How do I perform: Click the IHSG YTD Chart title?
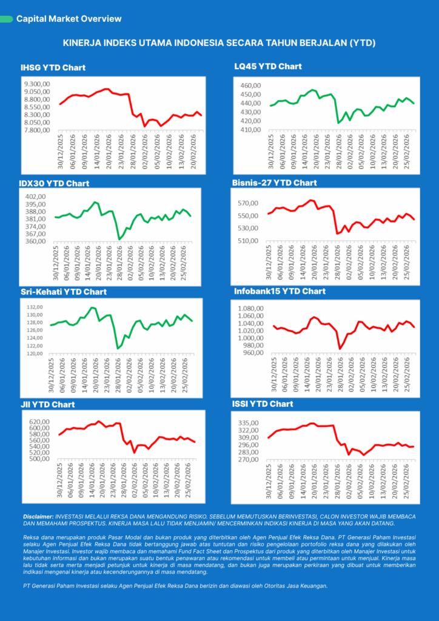pyautogui.click(x=53, y=68)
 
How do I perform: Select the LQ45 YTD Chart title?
pyautogui.click(x=268, y=66)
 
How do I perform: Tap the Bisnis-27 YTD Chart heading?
pyautogui.click(x=274, y=183)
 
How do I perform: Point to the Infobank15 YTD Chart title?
pyautogui.click(x=280, y=291)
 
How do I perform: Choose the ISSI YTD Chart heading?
pyautogui.click(x=263, y=403)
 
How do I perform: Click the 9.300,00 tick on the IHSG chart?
pyautogui.click(x=36, y=84)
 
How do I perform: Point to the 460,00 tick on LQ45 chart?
pyautogui.click(x=250, y=86)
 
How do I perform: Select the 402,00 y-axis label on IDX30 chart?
pyautogui.click(x=36, y=196)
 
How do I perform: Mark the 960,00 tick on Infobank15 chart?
pyautogui.click(x=249, y=353)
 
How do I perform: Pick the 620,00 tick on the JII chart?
pyautogui.click(x=34, y=421)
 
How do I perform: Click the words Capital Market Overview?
pyautogui.click(x=69, y=19)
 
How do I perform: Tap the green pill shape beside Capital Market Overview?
pyautogui.click(x=7, y=19)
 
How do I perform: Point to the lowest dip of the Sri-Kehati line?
pyautogui.click(x=118, y=349)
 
